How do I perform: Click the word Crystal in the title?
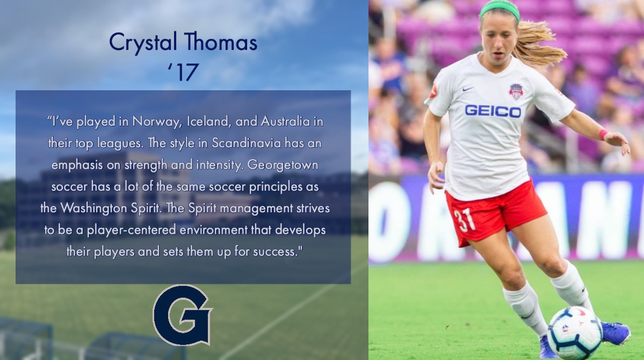click(x=141, y=42)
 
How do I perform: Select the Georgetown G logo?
click(x=183, y=315)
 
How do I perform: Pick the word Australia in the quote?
click(x=285, y=121)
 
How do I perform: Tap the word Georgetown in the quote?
click(x=283, y=165)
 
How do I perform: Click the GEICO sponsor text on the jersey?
click(x=493, y=111)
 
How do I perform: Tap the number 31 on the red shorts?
click(x=465, y=218)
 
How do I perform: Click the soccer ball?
click(x=574, y=333)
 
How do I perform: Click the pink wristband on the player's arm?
click(x=603, y=134)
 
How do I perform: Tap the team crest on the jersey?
click(x=516, y=91)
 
